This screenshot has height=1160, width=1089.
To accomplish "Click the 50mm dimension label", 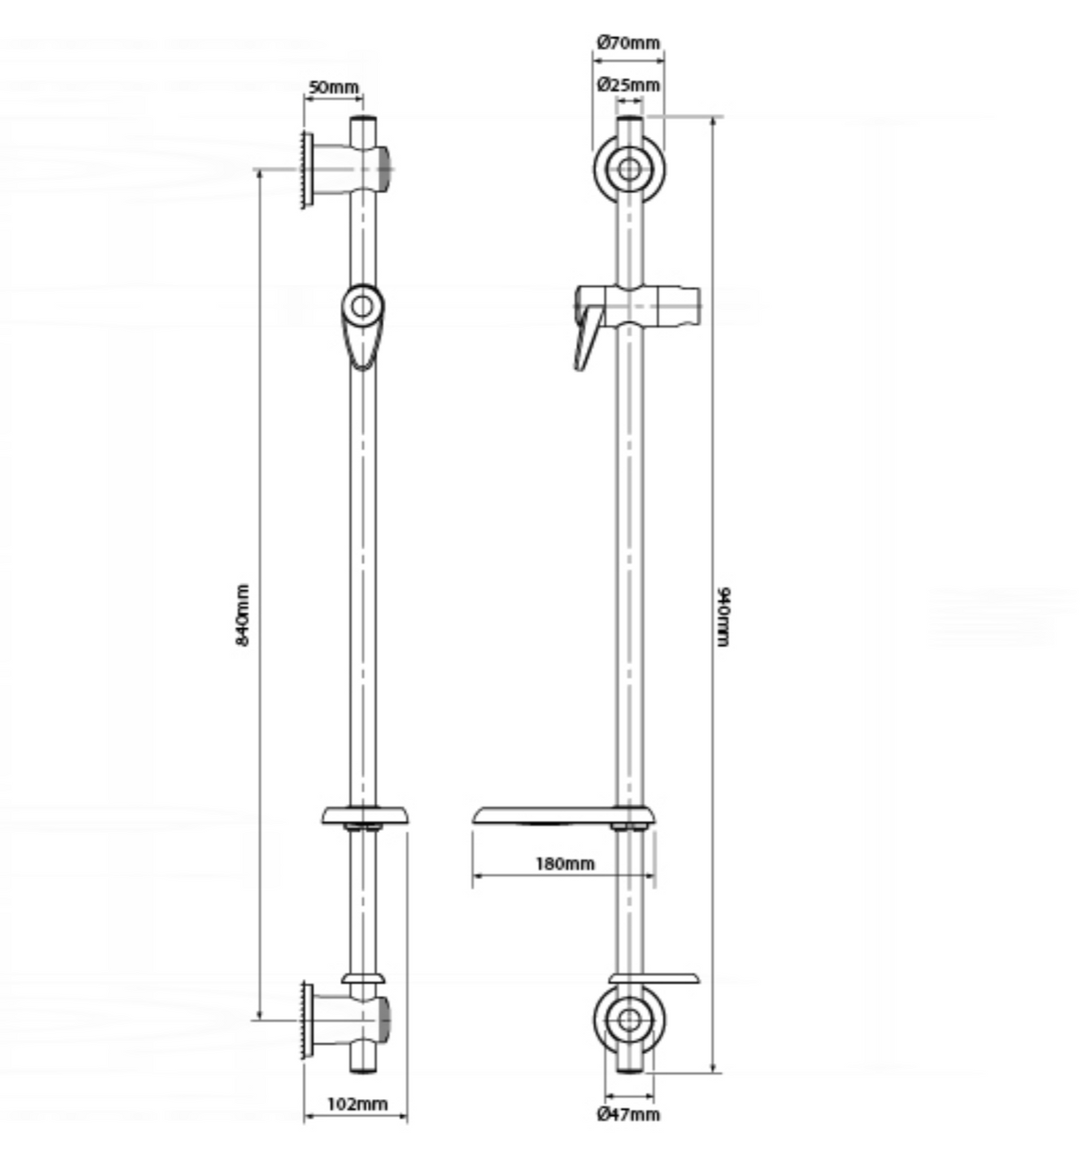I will pyautogui.click(x=333, y=88).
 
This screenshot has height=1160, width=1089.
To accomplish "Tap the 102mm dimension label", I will pyautogui.click(x=356, y=1103).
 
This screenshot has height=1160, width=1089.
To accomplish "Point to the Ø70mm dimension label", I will pyautogui.click(x=628, y=42).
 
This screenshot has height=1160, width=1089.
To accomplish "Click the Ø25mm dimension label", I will pyautogui.click(x=628, y=85).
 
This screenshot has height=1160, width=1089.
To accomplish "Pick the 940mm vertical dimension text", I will pyautogui.click(x=725, y=616).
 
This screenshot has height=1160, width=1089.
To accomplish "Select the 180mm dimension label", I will pyautogui.click(x=564, y=863).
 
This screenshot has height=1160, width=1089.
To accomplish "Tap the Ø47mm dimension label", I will pyautogui.click(x=628, y=1114).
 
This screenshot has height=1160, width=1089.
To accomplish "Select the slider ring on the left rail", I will pyautogui.click(x=362, y=308).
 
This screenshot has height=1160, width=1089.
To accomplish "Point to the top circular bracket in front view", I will pyautogui.click(x=629, y=169).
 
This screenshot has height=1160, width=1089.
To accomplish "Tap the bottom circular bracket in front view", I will pyautogui.click(x=629, y=1021).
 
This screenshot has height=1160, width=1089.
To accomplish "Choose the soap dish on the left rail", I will pyautogui.click(x=365, y=815).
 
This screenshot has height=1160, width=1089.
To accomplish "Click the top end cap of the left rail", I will pyautogui.click(x=362, y=120).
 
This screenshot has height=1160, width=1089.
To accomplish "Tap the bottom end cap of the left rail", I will pyautogui.click(x=362, y=1069).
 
